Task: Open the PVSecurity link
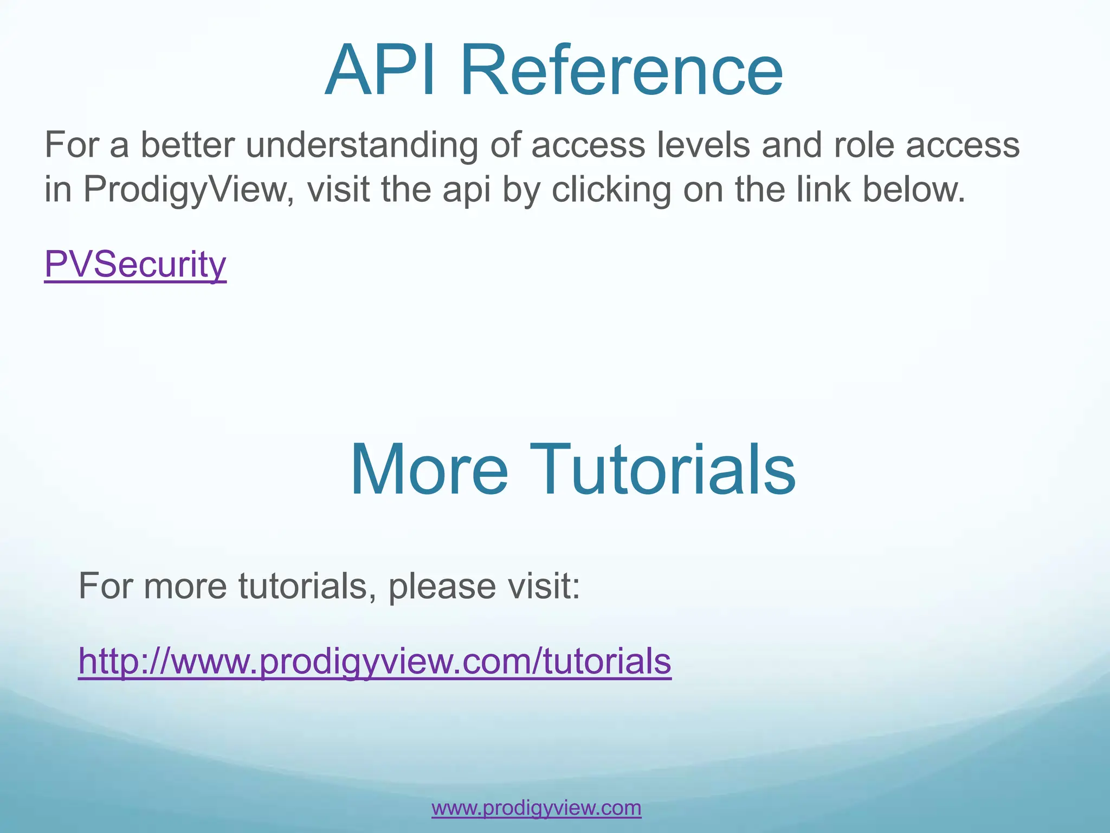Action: pyautogui.click(x=135, y=265)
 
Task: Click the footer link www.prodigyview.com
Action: pyautogui.click(x=536, y=808)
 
